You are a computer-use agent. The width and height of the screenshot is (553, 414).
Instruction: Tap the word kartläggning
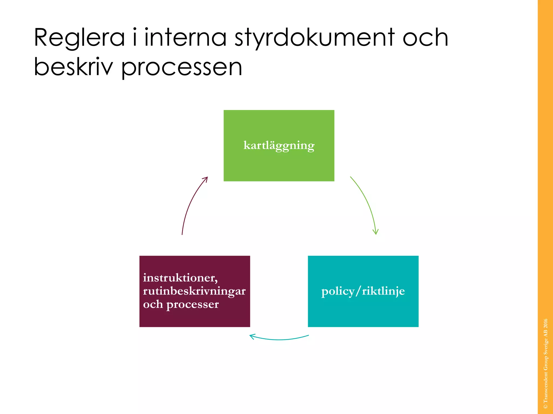(279, 146)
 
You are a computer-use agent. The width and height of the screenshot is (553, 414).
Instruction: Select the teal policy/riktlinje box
(363, 313)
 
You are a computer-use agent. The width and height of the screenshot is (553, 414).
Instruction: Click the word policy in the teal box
(338, 291)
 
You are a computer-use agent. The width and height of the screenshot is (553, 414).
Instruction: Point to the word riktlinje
(383, 291)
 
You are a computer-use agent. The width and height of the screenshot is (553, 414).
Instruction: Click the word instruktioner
(180, 278)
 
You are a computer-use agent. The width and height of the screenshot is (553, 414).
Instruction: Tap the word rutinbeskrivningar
(194, 291)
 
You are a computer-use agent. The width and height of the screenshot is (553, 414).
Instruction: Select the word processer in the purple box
(192, 305)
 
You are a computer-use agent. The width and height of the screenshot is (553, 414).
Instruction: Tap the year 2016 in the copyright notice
(545, 323)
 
